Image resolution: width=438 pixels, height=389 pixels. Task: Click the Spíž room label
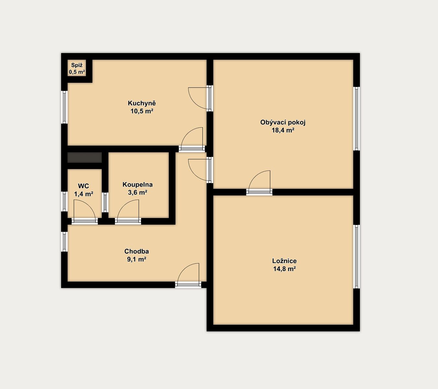click(77, 65)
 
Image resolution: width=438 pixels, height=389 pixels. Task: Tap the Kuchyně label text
click(142, 103)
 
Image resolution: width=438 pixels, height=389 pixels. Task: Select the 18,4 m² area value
click(283, 130)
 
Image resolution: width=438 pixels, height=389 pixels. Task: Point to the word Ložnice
click(284, 261)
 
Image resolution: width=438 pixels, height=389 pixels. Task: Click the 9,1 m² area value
click(136, 259)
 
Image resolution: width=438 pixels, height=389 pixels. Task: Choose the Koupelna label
click(137, 185)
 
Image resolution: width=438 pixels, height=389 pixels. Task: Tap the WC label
click(83, 186)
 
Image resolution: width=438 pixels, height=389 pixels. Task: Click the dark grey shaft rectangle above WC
click(85, 158)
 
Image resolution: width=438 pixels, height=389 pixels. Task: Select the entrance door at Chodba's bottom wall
click(188, 275)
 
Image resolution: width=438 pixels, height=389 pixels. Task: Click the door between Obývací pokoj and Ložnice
click(259, 183)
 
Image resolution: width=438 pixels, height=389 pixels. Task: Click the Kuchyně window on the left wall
click(65, 107)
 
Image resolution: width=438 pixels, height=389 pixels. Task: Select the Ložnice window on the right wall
click(357, 257)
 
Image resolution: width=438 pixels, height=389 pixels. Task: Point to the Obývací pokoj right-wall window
click(357, 119)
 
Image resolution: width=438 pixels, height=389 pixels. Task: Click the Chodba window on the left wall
click(65, 242)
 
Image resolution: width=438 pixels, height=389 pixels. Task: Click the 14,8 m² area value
click(285, 269)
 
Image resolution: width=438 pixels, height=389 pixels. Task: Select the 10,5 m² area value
click(142, 112)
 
